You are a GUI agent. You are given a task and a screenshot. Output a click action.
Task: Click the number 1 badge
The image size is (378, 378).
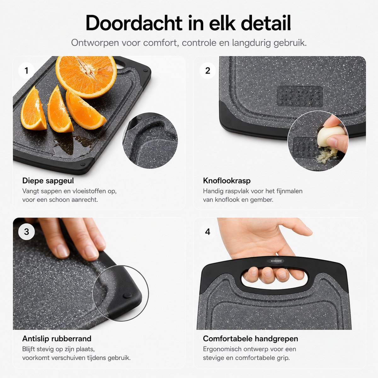coord(26,71)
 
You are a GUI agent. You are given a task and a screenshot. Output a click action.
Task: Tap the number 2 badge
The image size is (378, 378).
coord(208,71)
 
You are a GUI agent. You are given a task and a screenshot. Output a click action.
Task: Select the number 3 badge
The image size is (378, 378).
coord(26,232)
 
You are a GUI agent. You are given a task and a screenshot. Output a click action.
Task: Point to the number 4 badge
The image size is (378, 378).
coord(208,232)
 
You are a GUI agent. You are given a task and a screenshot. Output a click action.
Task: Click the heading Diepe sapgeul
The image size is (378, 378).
coord(48,181)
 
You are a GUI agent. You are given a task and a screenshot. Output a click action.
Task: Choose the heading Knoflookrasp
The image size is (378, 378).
coord(227,181)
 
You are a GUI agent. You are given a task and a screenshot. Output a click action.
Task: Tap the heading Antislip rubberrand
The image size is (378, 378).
coord(57,339)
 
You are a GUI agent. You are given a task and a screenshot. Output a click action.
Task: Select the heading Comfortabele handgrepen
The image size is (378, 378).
coord(250,339)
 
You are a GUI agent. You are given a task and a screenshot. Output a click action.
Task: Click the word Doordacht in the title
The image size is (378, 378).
coord(134,23)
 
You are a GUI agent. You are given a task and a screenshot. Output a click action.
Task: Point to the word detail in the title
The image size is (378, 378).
coord(266,23)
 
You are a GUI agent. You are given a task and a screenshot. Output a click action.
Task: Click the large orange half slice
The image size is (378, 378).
coord(86,77)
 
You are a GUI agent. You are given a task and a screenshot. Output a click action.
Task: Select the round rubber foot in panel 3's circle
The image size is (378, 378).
coord(127,295)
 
